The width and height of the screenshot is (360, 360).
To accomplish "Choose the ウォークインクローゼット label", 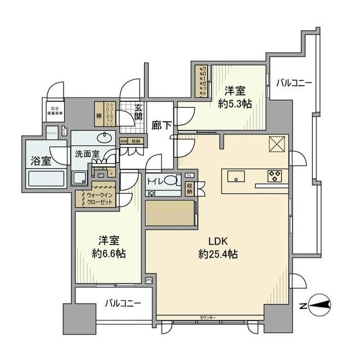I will pyautogui.click(x=99, y=198).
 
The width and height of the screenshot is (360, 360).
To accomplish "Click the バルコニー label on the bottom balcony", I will pyautogui.click(x=123, y=303).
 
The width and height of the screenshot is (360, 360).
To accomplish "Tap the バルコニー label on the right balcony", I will pyautogui.click(x=294, y=83).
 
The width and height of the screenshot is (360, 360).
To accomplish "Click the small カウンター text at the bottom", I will pyautogui.click(x=208, y=318).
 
